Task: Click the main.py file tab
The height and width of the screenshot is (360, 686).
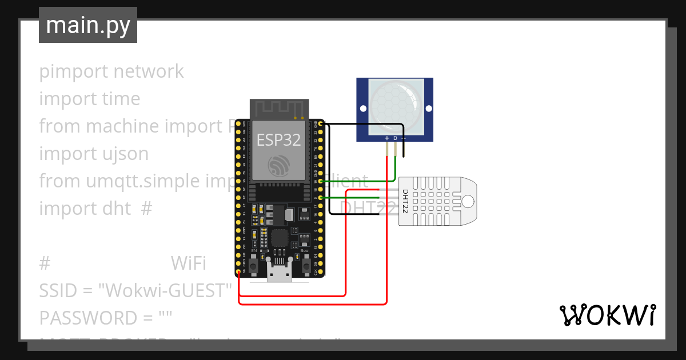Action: (x=87, y=25)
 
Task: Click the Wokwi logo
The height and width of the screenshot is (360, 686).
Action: (x=607, y=315)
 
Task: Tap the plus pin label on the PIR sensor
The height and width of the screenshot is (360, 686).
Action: (x=387, y=138)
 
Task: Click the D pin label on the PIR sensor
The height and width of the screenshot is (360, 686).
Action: (x=395, y=138)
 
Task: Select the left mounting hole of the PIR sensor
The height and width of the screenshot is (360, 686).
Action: (x=362, y=109)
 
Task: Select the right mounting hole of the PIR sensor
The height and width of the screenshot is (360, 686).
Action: (x=427, y=109)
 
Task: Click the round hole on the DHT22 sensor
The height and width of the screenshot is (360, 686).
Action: (x=468, y=201)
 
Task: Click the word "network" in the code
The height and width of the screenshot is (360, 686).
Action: (x=149, y=71)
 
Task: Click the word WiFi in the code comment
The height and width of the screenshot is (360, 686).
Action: (x=188, y=263)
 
